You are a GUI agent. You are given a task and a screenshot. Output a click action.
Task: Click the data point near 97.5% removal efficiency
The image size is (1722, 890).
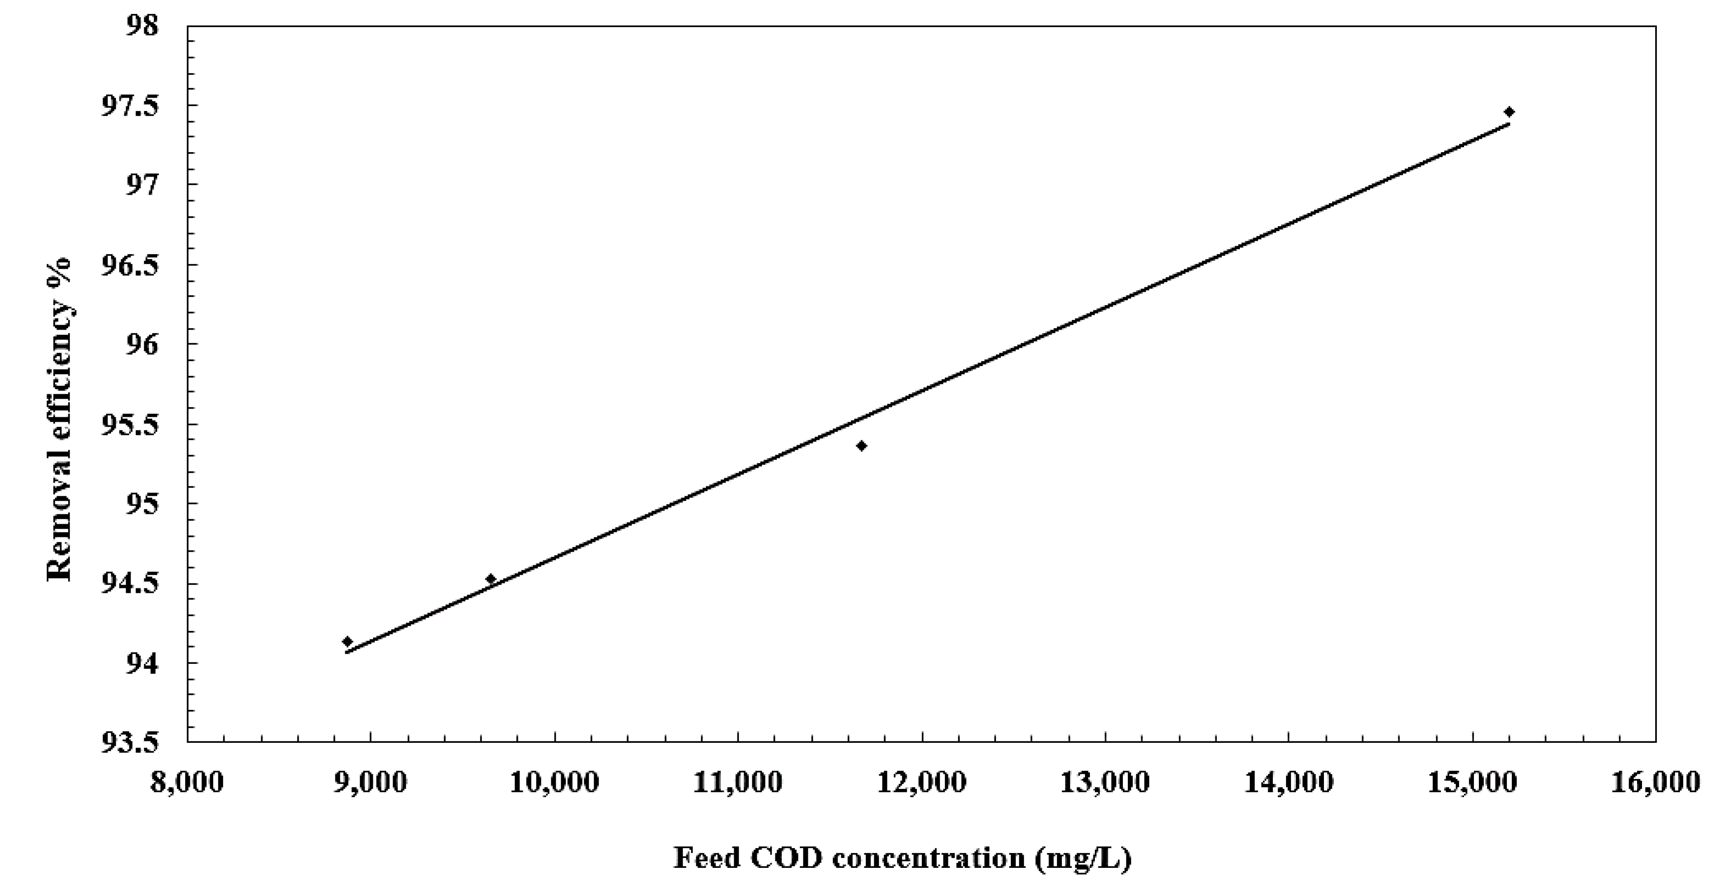tap(1509, 112)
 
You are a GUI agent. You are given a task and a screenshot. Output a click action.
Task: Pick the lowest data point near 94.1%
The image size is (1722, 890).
tap(347, 642)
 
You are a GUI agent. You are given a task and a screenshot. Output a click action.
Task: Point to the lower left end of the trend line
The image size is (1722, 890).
tap(346, 652)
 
